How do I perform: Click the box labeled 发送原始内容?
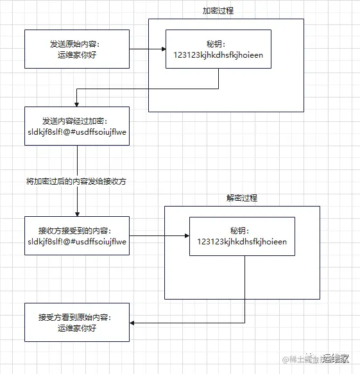click(x=77, y=49)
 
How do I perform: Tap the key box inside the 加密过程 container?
click(x=218, y=50)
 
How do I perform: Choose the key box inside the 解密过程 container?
click(x=242, y=236)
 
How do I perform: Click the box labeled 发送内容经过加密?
click(x=77, y=126)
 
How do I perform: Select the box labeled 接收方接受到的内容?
click(x=77, y=235)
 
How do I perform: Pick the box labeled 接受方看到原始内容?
click(x=77, y=322)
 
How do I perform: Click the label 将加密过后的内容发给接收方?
click(x=77, y=182)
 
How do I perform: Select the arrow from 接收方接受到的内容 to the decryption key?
click(x=159, y=236)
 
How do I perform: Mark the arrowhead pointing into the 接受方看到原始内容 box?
click(x=133, y=322)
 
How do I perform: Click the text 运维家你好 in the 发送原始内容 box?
click(x=77, y=55)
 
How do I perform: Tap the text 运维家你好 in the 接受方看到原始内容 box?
click(x=77, y=328)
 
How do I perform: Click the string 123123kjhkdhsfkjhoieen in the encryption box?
click(x=218, y=55)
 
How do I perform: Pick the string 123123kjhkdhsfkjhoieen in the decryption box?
click(x=242, y=242)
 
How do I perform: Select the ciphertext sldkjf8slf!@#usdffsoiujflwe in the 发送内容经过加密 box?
click(x=77, y=132)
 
